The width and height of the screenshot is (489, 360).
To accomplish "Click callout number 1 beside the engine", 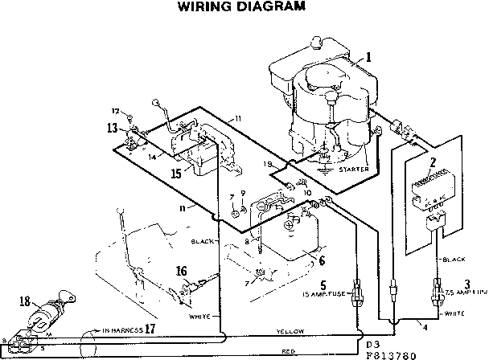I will tap(368, 57).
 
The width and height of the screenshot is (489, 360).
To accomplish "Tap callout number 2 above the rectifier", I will tap(432, 162).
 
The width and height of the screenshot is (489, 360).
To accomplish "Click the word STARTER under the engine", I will tap(354, 169).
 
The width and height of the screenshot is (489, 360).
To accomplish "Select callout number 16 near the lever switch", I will tap(182, 271).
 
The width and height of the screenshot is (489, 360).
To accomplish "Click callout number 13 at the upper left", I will tap(112, 126).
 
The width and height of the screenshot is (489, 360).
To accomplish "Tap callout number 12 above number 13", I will tap(115, 111).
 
